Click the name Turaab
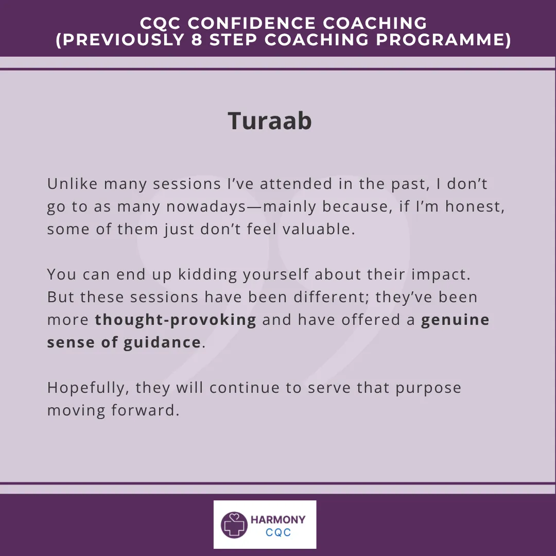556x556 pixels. pyautogui.click(x=270, y=120)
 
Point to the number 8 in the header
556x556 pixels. pyautogui.click(x=197, y=39)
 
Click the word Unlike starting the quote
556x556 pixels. pyautogui.click(x=73, y=184)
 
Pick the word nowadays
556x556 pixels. pyautogui.click(x=206, y=207)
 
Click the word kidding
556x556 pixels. pyautogui.click(x=207, y=275)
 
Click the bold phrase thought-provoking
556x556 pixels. pyautogui.click(x=176, y=320)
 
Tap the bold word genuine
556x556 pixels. pyautogui.click(x=455, y=320)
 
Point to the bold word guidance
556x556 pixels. pyautogui.click(x=162, y=343)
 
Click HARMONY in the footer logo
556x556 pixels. pyautogui.click(x=278, y=520)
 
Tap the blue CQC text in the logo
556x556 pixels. pyautogui.click(x=279, y=532)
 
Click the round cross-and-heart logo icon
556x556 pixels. pyautogui.click(x=234, y=525)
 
